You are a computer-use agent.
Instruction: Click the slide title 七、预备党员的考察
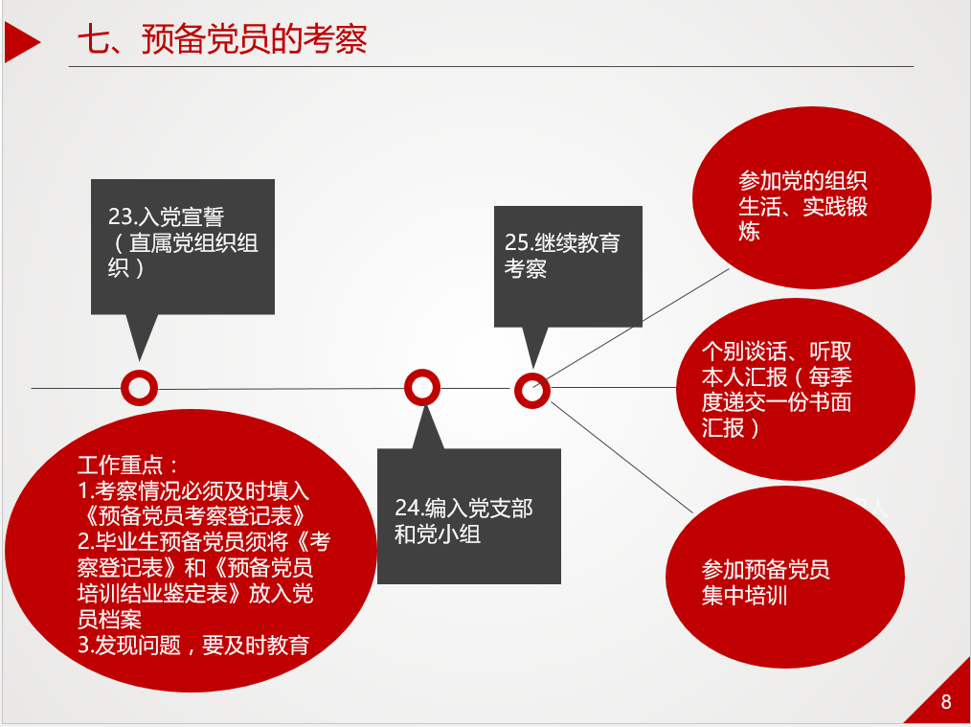coord(222,39)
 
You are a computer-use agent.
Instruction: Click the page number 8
coord(945,701)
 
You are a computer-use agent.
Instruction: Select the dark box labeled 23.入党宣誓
coord(183,246)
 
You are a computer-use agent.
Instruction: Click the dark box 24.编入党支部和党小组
coord(469,516)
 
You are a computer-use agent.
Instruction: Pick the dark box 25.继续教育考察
coord(568,266)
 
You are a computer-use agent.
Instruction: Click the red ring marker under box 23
coord(140,388)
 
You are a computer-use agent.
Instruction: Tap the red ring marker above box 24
coord(422,388)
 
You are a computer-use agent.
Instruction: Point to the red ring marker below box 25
coord(532,391)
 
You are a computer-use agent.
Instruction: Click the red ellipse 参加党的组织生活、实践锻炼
coord(812,197)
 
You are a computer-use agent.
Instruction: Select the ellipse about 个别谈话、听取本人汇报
coord(795,389)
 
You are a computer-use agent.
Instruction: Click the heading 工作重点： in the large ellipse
coord(129,466)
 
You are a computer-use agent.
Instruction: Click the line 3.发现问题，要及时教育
coord(193,646)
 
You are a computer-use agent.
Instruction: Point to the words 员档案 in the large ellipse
coord(109,620)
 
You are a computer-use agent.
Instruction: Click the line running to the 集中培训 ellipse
coord(621,458)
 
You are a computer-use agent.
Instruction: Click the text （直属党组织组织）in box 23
coord(183,255)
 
